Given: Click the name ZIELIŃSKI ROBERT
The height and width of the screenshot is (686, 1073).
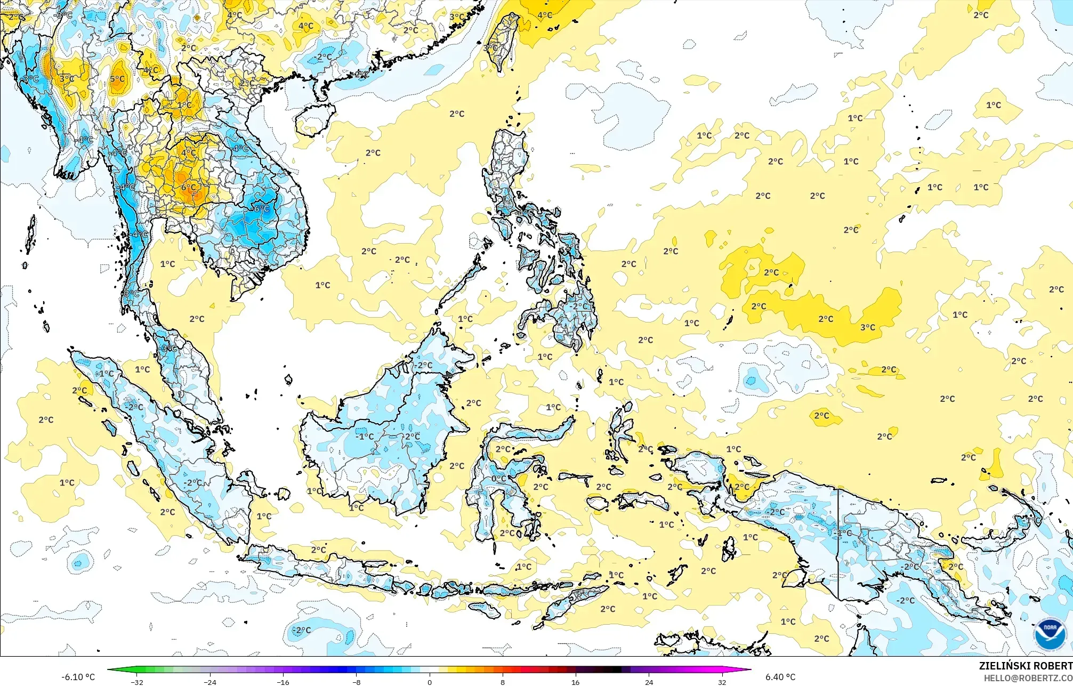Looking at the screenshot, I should [1025, 666].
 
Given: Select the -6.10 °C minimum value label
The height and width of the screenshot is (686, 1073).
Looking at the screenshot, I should [78, 677].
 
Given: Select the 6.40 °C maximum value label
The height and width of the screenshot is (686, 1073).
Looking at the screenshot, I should [780, 677].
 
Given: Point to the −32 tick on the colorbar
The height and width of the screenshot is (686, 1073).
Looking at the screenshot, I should [137, 682].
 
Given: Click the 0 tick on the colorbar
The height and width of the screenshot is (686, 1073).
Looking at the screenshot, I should [430, 682].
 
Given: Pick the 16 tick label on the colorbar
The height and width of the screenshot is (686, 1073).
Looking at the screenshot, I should [576, 682].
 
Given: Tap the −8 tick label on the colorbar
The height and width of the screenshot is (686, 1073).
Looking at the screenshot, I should [356, 682].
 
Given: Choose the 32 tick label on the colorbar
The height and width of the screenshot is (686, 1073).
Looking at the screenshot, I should [722, 682].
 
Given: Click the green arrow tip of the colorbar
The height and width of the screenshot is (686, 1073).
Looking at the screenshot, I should [110, 669].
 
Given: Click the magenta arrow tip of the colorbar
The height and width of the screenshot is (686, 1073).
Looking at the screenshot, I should [749, 669].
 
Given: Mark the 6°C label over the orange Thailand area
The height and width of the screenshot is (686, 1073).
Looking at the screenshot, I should [188, 188].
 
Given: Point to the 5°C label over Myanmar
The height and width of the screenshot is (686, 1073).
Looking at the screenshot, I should [117, 79].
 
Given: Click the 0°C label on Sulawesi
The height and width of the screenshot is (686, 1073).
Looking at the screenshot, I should [499, 479].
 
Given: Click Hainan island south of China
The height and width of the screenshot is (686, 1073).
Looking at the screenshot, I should [316, 118].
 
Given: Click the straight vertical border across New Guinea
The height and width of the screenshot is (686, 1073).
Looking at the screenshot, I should [838, 544].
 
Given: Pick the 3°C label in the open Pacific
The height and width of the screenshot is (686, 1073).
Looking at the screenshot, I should [868, 327].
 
